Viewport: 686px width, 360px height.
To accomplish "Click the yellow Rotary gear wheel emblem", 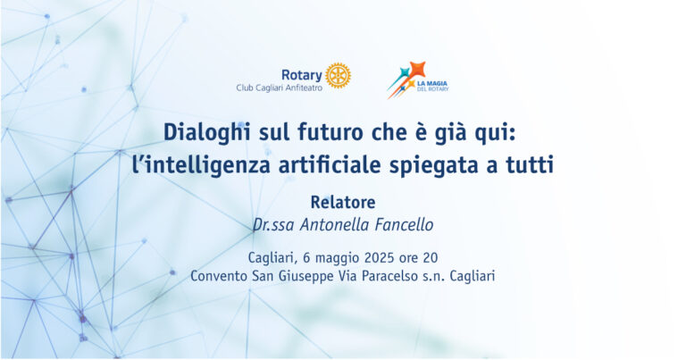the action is (x=339, y=76).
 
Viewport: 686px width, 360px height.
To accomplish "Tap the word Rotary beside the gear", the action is (x=301, y=75).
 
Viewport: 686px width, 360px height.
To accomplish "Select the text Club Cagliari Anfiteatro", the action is (x=279, y=88).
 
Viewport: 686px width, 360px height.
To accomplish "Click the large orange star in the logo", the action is (x=417, y=69).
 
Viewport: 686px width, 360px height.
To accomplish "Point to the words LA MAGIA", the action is (x=432, y=83).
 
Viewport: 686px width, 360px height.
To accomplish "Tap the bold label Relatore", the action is (x=343, y=202).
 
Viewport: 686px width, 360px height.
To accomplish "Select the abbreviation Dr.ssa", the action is (x=273, y=225).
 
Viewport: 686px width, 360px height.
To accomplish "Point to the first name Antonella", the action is (x=335, y=225).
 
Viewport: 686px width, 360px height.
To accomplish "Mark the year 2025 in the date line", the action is (x=380, y=257).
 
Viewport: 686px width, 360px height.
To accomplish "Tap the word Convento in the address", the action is (x=219, y=276).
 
